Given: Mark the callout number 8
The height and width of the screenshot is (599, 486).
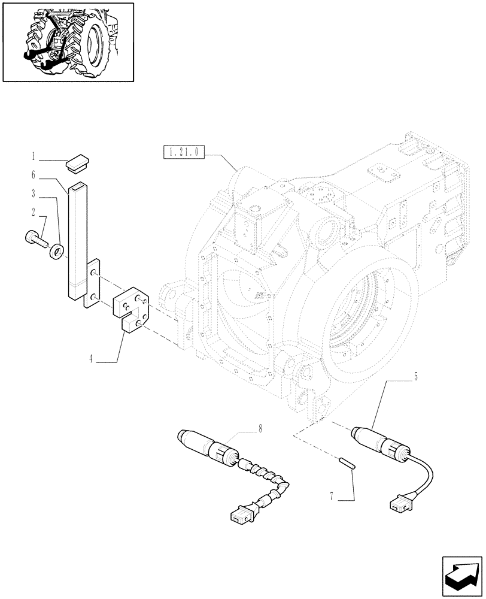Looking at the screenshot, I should point(260,428).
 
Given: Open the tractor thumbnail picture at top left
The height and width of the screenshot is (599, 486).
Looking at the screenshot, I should point(68,41).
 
